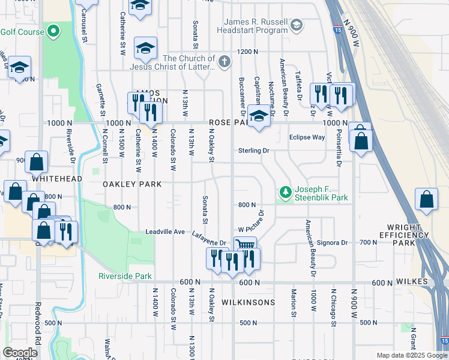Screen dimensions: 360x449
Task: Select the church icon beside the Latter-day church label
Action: click(224, 61)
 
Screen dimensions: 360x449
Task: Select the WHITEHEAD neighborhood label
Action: click(56, 179)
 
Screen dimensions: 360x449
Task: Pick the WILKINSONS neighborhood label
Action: click(249, 302)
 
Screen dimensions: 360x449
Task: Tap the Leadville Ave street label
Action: click(165, 232)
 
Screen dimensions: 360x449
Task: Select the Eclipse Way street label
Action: click(307, 137)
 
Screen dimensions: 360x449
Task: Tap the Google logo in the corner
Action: click(20, 353)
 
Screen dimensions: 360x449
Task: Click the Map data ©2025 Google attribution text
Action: click(412, 355)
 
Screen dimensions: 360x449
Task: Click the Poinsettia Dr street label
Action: click(339, 147)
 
